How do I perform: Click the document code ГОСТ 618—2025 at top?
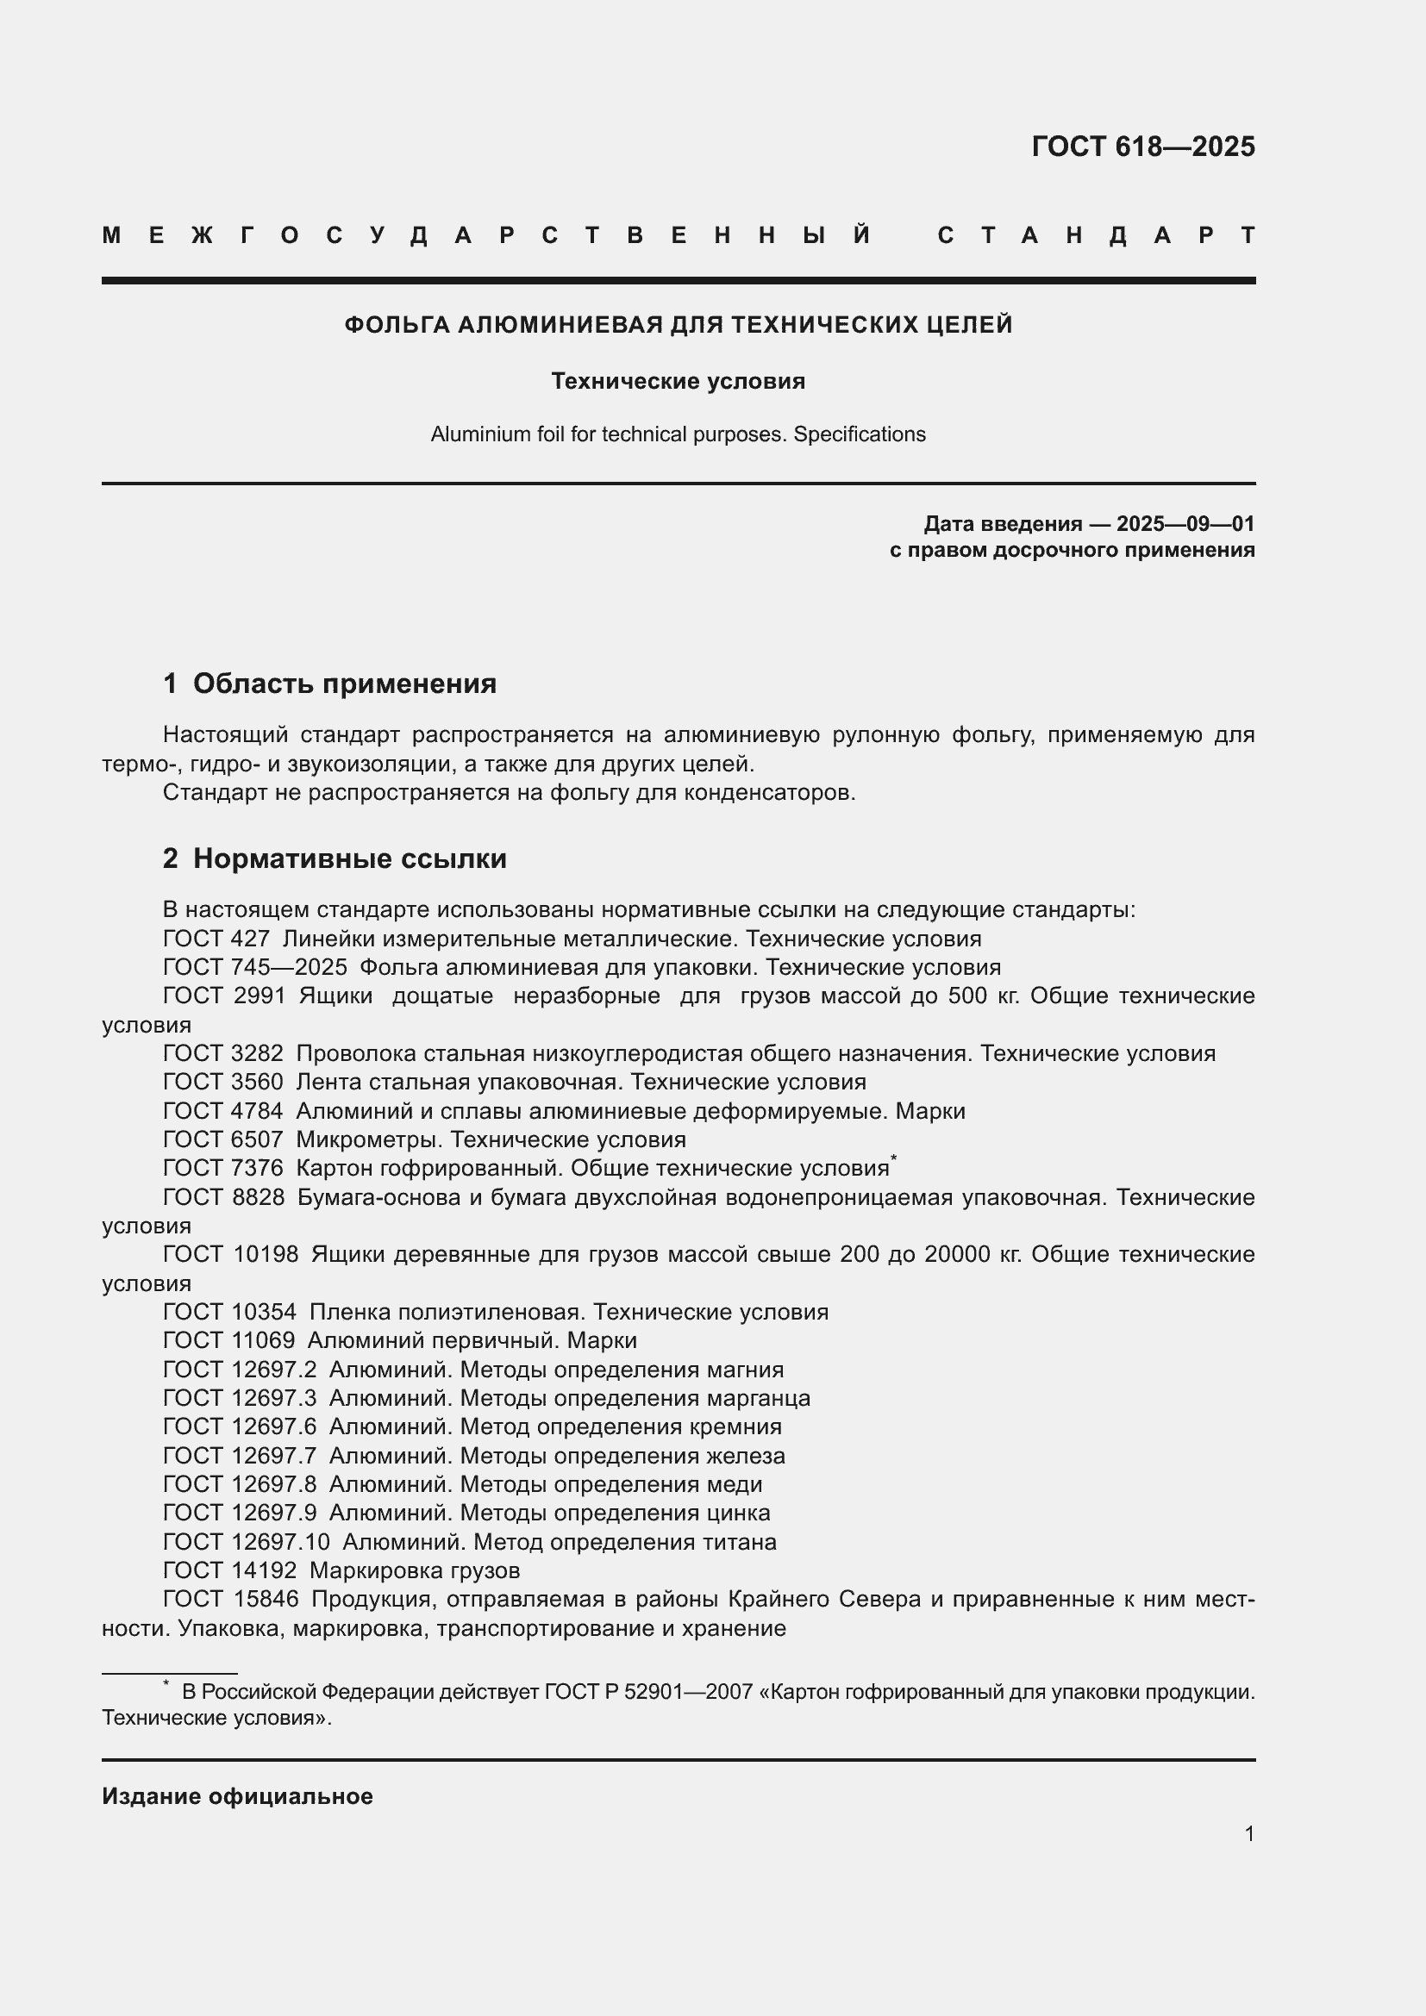tap(1142, 147)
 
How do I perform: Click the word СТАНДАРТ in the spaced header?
tap(1096, 235)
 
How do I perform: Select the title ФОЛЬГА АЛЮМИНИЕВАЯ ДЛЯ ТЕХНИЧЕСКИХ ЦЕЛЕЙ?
tap(678, 325)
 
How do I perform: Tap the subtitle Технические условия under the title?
tap(678, 381)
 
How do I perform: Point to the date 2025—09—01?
tap(1185, 524)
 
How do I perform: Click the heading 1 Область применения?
tap(329, 683)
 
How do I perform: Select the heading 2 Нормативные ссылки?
tap(335, 858)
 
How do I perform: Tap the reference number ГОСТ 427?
tap(216, 939)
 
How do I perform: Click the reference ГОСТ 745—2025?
tap(254, 968)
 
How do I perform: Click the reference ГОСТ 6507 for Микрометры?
tap(223, 1139)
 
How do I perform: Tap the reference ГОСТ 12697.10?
tap(246, 1542)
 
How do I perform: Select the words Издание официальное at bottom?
tap(237, 1796)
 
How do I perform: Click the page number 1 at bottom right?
tap(1248, 1833)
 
